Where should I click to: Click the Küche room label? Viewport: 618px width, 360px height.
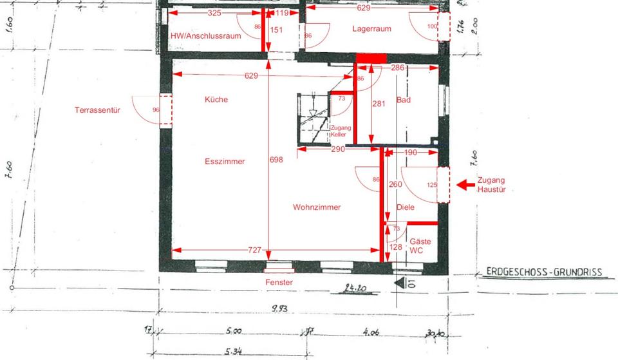tap(216, 100)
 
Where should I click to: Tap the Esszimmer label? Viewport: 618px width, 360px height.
tap(225, 162)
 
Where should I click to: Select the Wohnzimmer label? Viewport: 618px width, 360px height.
tap(317, 207)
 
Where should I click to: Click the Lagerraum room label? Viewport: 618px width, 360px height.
tap(372, 29)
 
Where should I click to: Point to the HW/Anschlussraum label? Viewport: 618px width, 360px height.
tap(205, 36)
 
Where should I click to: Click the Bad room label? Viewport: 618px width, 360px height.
tap(404, 100)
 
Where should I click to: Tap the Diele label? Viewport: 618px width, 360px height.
tap(406, 207)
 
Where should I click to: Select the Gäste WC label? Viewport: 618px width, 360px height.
tap(420, 245)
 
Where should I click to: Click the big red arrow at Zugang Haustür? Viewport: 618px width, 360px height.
tap(465, 185)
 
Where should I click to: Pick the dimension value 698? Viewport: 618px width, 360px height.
tap(276, 160)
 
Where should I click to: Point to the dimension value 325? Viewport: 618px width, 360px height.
tap(216, 13)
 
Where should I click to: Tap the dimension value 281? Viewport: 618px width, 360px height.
tap(379, 103)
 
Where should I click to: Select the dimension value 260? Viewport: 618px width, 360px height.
tap(396, 185)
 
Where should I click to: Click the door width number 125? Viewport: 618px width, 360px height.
tap(432, 185)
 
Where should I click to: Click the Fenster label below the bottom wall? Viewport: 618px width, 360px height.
tap(279, 283)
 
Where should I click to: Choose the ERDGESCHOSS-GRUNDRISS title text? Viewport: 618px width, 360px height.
tap(545, 272)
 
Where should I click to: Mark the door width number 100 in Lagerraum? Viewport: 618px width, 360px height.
tap(432, 26)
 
